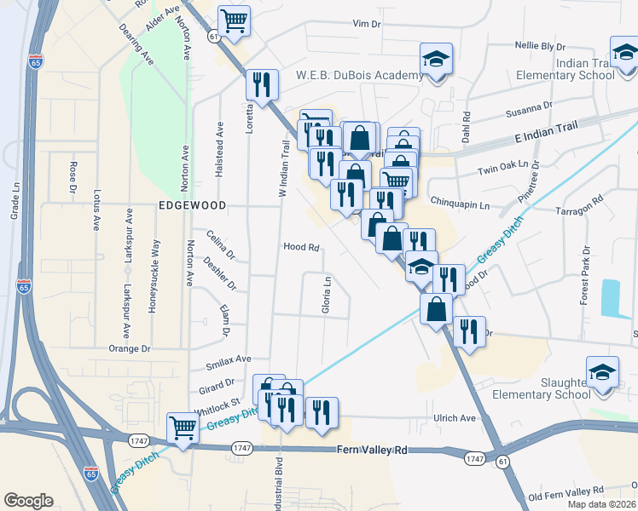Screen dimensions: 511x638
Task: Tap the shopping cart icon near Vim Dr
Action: pos(233,20)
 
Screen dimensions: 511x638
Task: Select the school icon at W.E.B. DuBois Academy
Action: pos(435,60)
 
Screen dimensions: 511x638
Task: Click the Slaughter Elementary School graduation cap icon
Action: pos(602,371)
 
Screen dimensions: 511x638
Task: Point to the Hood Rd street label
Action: pos(301,248)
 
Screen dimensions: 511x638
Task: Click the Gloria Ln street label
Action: pos(326,294)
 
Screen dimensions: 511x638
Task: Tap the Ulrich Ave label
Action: pos(455,418)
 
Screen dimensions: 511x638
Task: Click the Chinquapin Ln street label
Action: pos(461,205)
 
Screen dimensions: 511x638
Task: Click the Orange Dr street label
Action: pos(129,348)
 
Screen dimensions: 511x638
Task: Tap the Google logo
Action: pos(28,501)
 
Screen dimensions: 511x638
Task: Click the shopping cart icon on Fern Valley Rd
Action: pos(183,428)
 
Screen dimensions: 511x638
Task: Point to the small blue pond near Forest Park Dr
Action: pos(611,299)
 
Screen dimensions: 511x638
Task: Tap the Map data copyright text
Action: pos(601,504)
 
